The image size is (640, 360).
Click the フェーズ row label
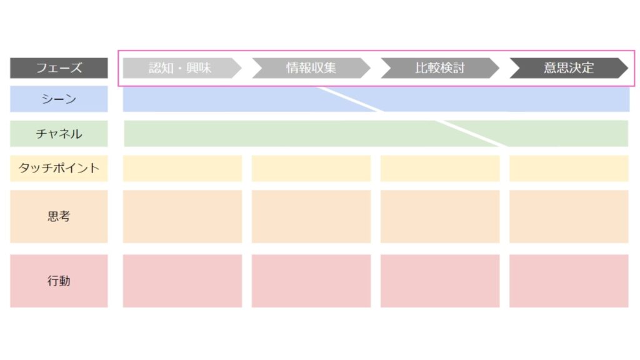click(59, 67)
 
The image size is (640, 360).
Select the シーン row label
click(59, 99)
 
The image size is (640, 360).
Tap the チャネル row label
click(59, 134)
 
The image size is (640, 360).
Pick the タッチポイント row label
click(59, 168)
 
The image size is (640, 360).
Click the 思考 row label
click(59, 216)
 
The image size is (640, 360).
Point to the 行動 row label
click(59, 281)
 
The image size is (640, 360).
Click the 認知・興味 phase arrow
click(182, 67)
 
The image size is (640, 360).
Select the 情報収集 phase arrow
click(311, 67)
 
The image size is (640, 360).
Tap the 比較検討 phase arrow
click(440, 67)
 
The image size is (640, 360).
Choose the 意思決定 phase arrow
click(569, 67)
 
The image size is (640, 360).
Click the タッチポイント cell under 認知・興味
click(182, 168)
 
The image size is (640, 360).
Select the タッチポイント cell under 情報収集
click(311, 168)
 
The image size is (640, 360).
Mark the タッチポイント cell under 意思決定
click(569, 168)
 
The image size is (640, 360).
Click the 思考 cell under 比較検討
click(440, 216)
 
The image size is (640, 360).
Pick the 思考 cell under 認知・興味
click(182, 216)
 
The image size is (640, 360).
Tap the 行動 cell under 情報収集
click(311, 281)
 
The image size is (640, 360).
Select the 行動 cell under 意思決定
click(569, 281)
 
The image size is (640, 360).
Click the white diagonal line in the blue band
click(350, 99)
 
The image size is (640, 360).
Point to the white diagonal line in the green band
click(471, 134)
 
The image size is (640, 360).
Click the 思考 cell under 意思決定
click(569, 216)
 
